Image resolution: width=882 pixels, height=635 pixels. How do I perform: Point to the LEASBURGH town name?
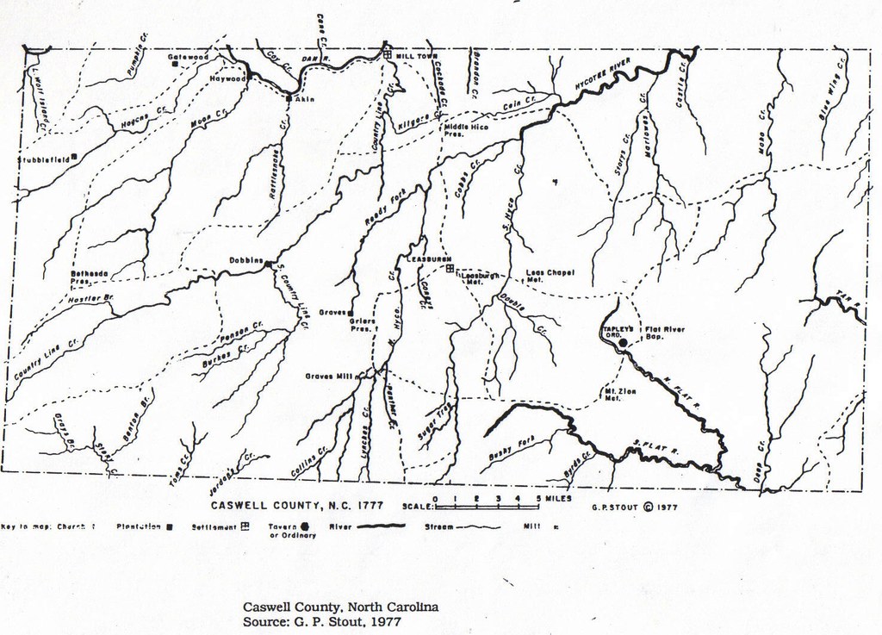tap(430, 258)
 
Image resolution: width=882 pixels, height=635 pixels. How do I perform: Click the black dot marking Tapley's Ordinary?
tap(624, 342)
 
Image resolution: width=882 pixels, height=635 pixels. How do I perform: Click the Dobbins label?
tap(245, 261)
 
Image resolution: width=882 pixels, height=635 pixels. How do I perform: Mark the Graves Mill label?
tap(332, 376)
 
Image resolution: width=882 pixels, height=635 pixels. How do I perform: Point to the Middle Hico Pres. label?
tap(466, 131)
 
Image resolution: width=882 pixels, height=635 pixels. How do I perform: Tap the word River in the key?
tap(339, 526)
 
